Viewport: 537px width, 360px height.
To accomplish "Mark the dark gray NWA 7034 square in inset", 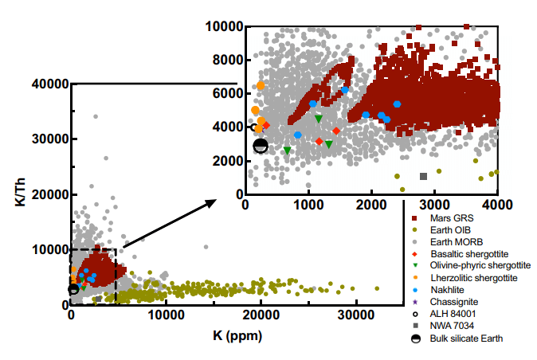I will coord(423,176).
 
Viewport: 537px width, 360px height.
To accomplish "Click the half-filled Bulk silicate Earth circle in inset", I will coord(261,145).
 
